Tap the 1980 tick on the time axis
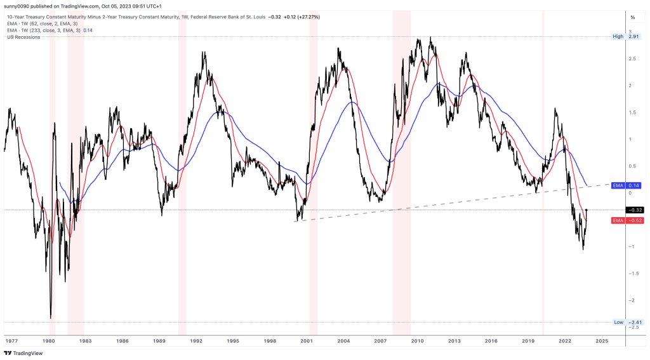[49, 341]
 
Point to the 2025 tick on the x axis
[602, 341]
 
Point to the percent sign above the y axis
[632, 17]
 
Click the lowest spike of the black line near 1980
[51, 317]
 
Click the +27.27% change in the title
[307, 17]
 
